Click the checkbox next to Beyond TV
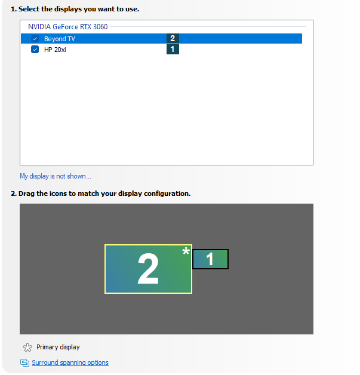coord(35,39)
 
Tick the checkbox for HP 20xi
coord(35,50)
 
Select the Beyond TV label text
coord(59,39)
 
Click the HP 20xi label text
coord(55,50)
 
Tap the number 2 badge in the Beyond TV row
coord(173,38)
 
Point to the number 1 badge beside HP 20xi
coord(173,50)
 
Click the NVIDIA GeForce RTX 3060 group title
coord(67,27)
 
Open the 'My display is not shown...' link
coord(56,176)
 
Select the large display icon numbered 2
coord(148,269)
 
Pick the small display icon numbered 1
coord(210,259)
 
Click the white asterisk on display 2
coord(186,252)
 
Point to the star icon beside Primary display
coord(26,348)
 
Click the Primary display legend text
coord(58,347)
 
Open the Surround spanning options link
coord(70,362)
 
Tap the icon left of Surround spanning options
coord(24,362)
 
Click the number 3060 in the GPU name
coord(100,27)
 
